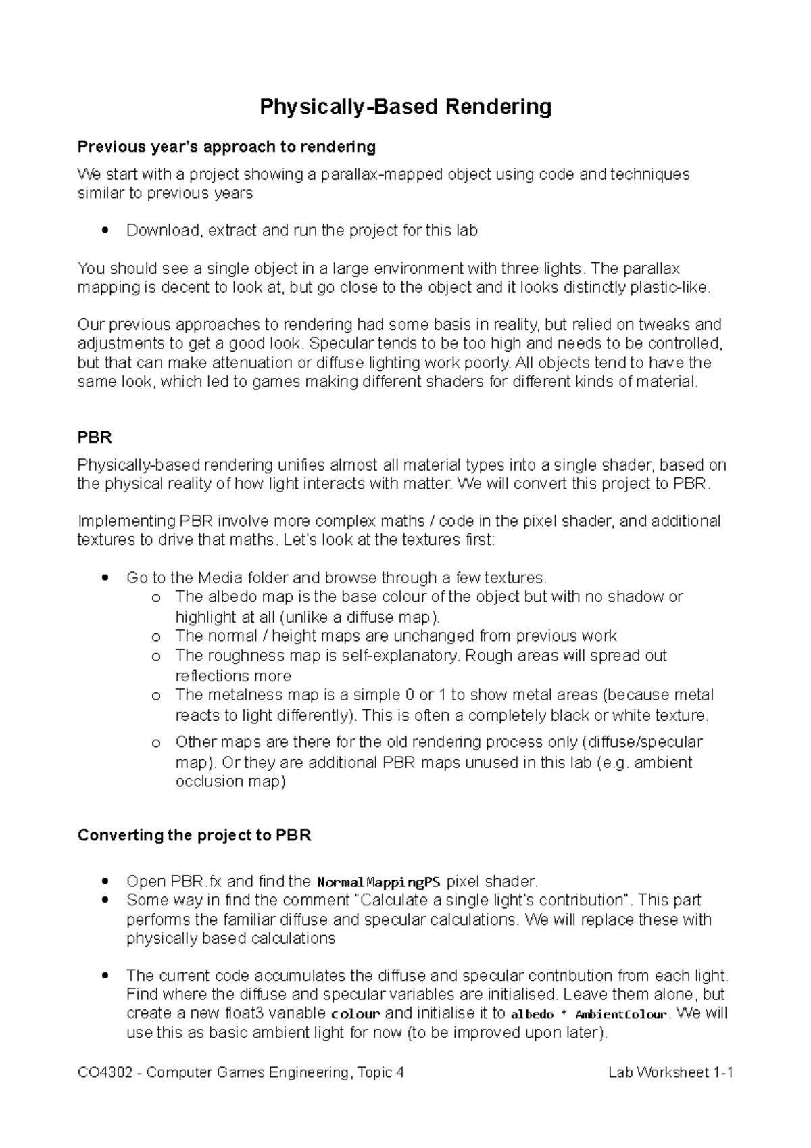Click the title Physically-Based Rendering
(x=405, y=107)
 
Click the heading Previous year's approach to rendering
(x=226, y=147)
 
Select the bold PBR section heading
(x=95, y=437)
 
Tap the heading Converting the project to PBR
(x=194, y=835)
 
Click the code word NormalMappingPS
(x=378, y=882)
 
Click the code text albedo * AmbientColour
(x=588, y=1014)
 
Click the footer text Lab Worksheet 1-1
(x=670, y=1073)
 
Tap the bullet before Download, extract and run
(x=104, y=231)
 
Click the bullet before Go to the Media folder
(x=104, y=578)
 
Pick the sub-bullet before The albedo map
(x=156, y=598)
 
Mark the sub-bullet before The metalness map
(x=156, y=696)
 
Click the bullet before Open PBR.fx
(x=104, y=882)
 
